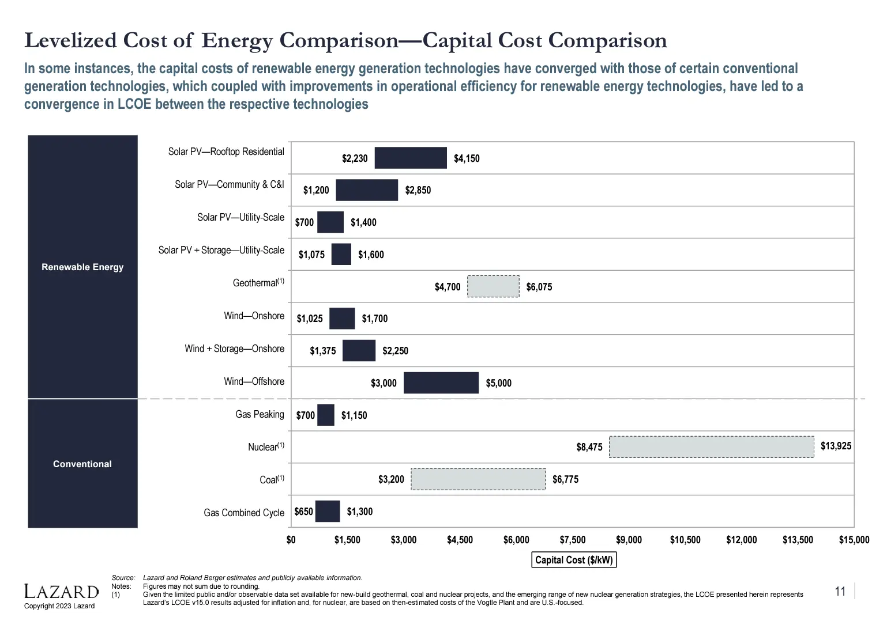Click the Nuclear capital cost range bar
(x=711, y=447)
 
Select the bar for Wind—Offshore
(x=441, y=383)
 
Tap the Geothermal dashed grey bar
(x=493, y=286)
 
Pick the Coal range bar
(x=478, y=479)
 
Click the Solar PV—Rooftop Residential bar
(x=411, y=158)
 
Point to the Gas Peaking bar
(x=325, y=415)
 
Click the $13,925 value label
(x=836, y=446)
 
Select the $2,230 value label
(x=355, y=158)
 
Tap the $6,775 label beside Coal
(x=565, y=479)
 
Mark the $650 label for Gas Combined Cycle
(x=303, y=512)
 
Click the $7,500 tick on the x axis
(x=572, y=540)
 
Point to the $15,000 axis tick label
(x=854, y=540)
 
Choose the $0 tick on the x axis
(x=291, y=540)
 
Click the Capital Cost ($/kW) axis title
(x=574, y=560)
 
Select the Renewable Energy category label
(x=82, y=267)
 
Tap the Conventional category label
(x=82, y=464)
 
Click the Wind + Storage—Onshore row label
(x=234, y=349)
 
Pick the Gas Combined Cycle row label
(x=244, y=513)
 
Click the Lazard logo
(x=61, y=592)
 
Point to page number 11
(x=840, y=592)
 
